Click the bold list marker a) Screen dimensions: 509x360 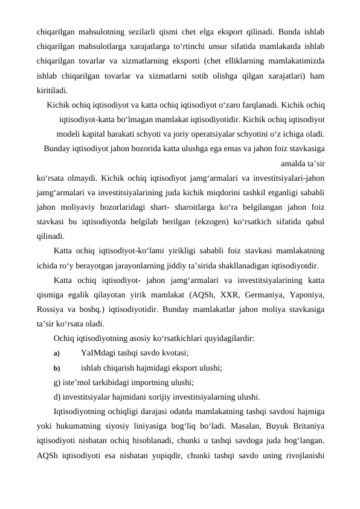point(57,353)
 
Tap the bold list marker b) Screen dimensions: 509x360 point(57,368)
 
